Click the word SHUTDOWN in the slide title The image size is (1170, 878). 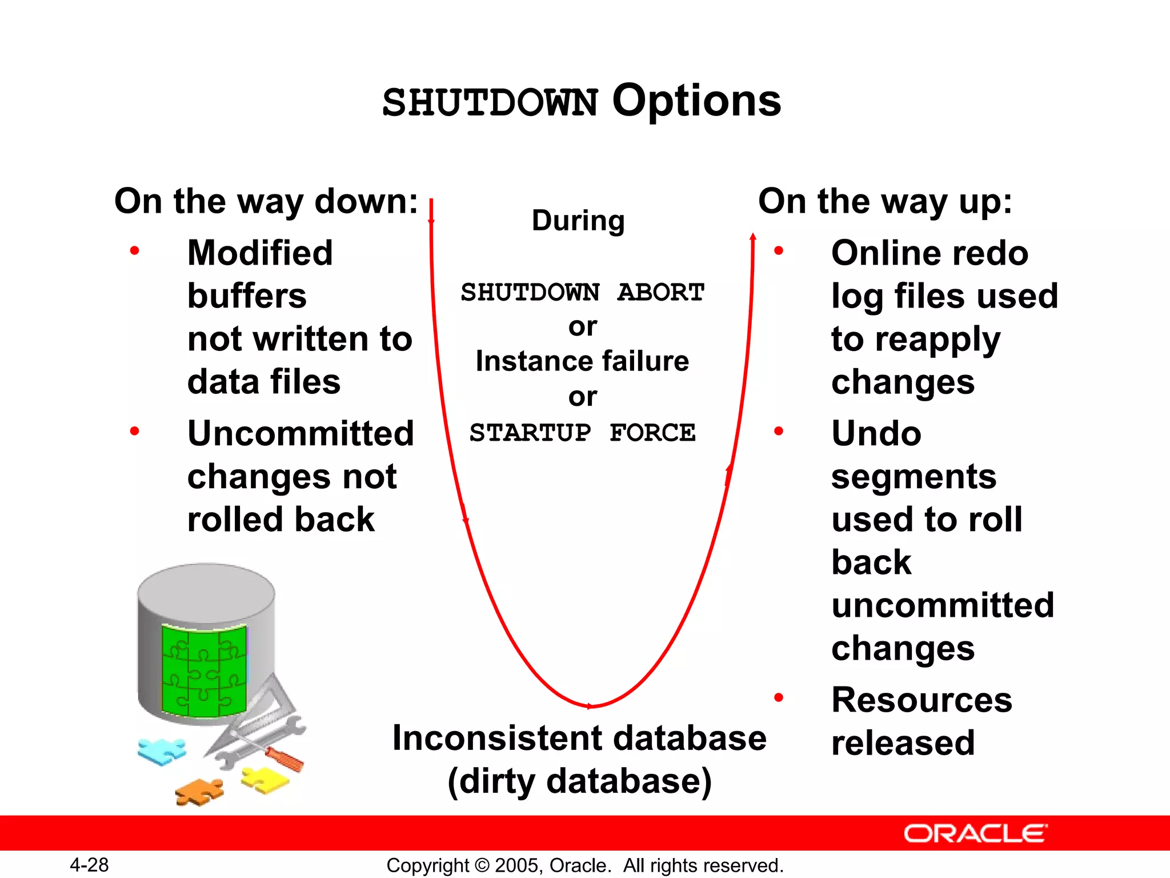pyautogui.click(x=490, y=103)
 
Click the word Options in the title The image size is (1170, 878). pyautogui.click(x=696, y=101)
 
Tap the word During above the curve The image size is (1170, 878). pyautogui.click(x=578, y=221)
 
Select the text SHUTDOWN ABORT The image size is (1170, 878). pyautogui.click(x=582, y=292)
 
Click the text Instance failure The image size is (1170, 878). pyautogui.click(x=582, y=361)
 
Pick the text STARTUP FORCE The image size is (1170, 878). pyautogui.click(x=582, y=433)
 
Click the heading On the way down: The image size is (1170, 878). pyautogui.click(x=266, y=201)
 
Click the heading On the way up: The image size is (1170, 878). pyautogui.click(x=885, y=201)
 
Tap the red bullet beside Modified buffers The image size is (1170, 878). pyautogui.click(x=135, y=250)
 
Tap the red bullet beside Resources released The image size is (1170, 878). pyautogui.click(x=778, y=697)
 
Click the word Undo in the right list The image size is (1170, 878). pyautogui.click(x=876, y=433)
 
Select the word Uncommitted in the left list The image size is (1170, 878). pyautogui.click(x=300, y=433)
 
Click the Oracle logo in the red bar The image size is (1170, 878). pyautogui.click(x=975, y=833)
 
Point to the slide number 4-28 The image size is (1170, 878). pyautogui.click(x=89, y=865)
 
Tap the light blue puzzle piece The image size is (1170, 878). pyautogui.click(x=162, y=750)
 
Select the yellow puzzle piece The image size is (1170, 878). pyautogui.click(x=265, y=779)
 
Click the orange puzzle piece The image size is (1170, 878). pyautogui.click(x=199, y=792)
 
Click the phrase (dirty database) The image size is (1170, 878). pyautogui.click(x=579, y=781)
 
